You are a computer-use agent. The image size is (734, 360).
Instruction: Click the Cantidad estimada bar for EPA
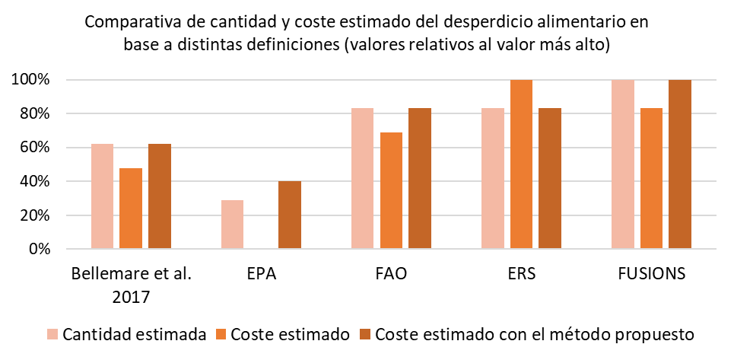click(x=232, y=225)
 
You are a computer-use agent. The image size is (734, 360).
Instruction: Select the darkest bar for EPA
click(x=290, y=215)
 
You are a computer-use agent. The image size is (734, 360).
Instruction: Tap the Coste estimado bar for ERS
click(x=521, y=164)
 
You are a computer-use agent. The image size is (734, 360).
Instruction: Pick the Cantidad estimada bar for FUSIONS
click(x=623, y=164)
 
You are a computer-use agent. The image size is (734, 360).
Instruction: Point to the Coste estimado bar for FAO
click(x=391, y=191)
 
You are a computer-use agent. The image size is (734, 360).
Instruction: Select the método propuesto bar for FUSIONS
click(x=680, y=164)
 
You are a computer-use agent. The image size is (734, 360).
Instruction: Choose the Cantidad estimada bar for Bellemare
click(x=102, y=196)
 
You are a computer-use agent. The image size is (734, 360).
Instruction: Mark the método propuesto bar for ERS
click(x=550, y=179)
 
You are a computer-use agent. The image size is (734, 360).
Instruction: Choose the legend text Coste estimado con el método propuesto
click(x=535, y=334)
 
